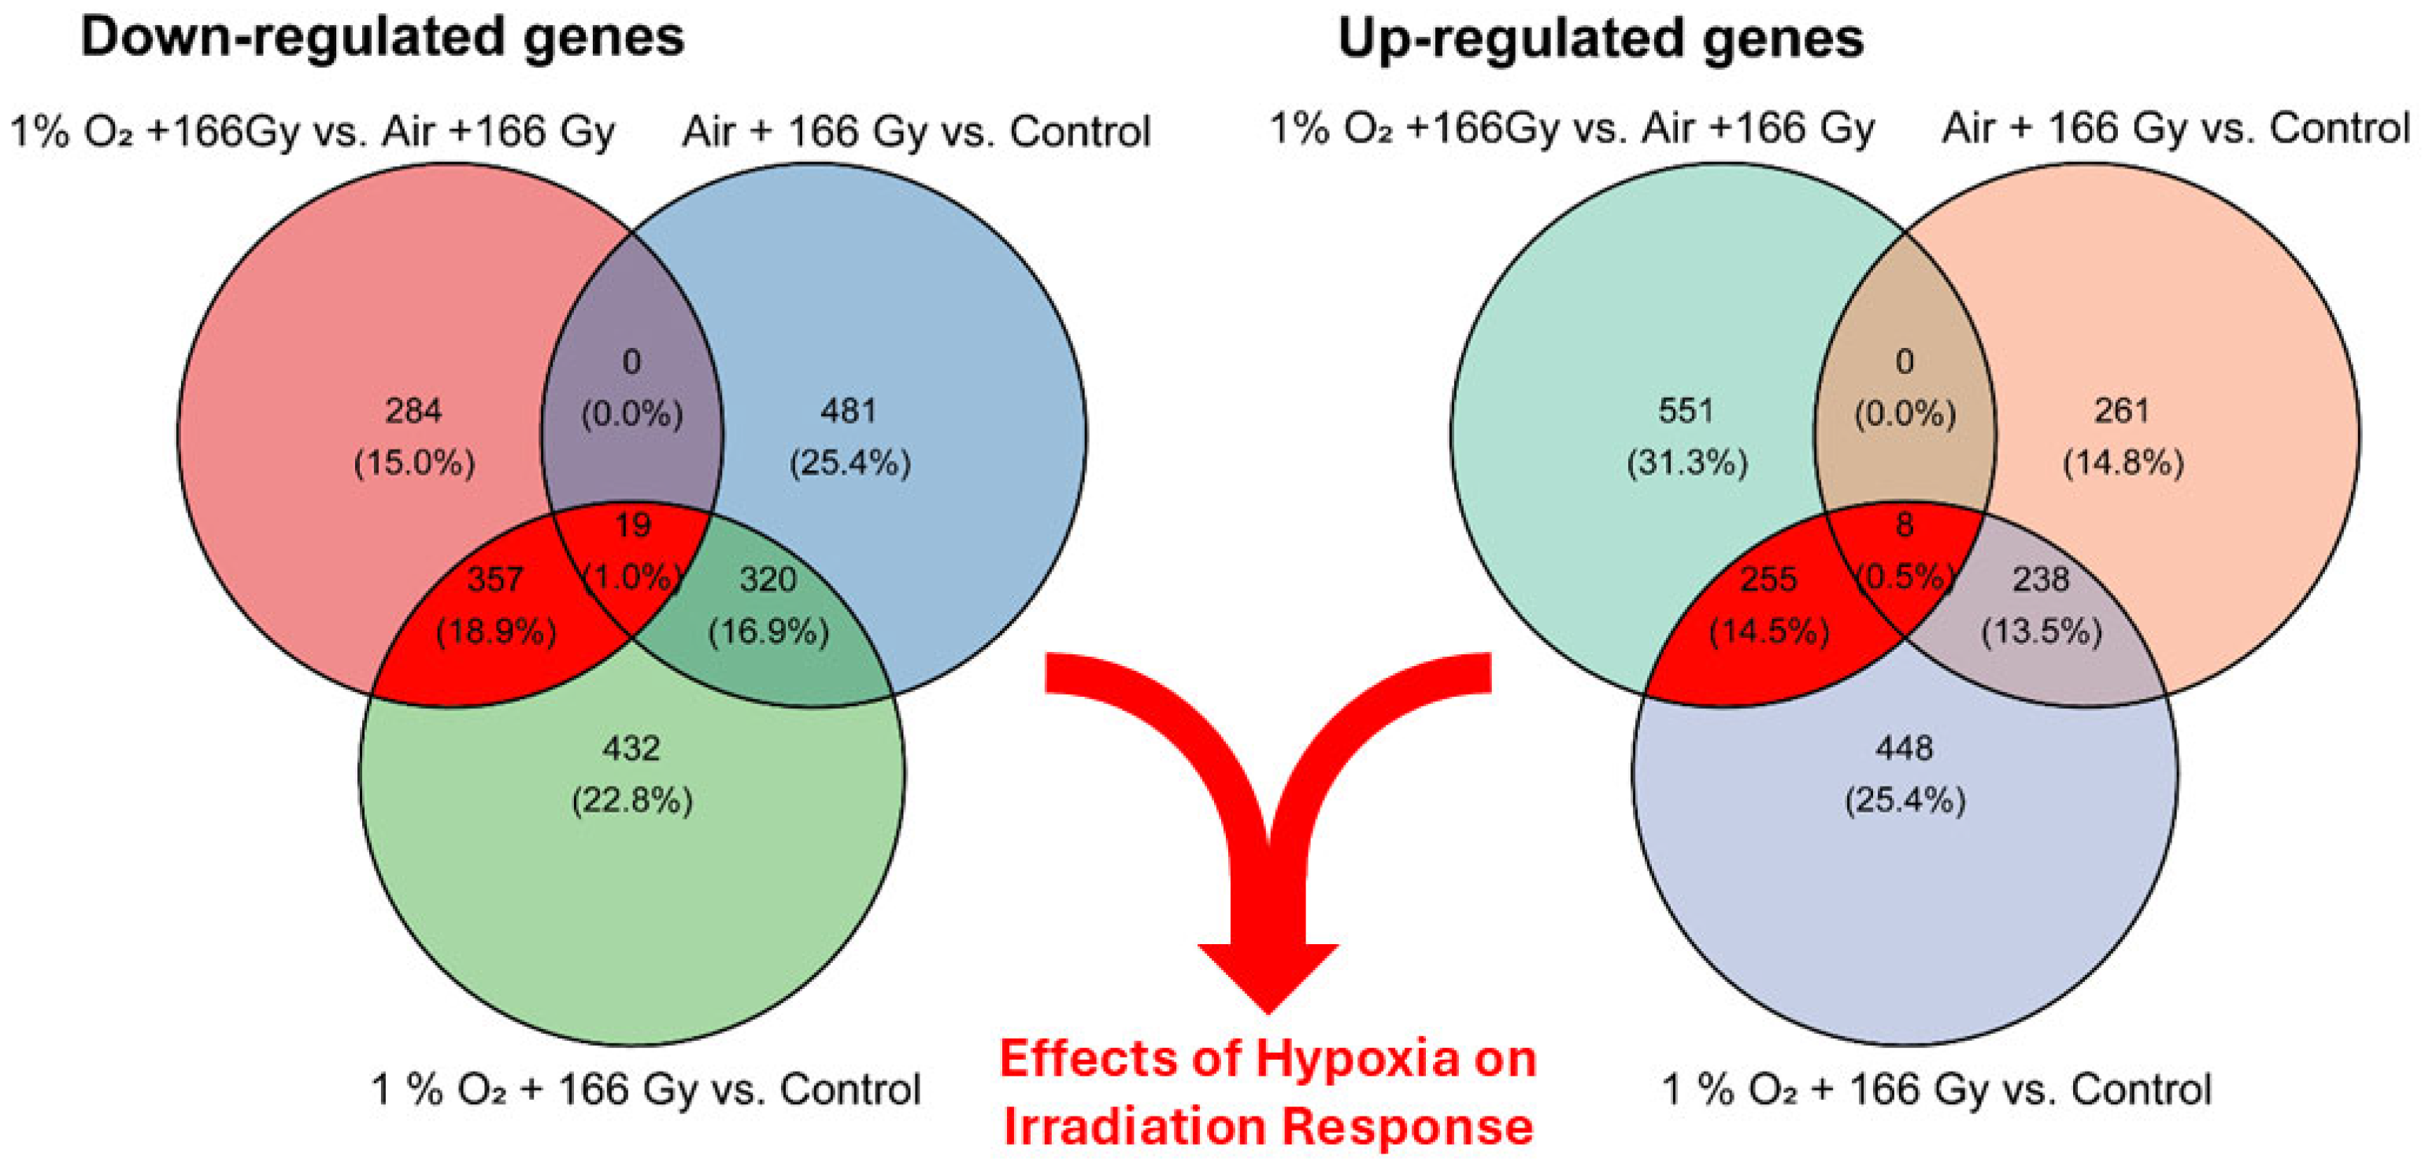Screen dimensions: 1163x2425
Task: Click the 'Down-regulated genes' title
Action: point(382,38)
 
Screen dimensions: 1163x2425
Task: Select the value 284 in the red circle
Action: point(413,410)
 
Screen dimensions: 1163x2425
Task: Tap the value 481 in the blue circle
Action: point(849,410)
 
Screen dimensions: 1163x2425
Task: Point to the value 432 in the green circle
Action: point(631,749)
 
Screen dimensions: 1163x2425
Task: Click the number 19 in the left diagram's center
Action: point(632,524)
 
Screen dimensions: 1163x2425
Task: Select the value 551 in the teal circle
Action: point(1686,410)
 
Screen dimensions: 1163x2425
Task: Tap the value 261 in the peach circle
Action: point(2122,410)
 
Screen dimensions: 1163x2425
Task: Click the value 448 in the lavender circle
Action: point(1905,749)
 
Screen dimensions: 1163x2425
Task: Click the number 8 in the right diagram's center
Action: point(1905,524)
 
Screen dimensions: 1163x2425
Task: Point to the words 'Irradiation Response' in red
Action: point(1268,1126)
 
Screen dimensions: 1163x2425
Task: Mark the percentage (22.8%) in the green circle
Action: point(631,802)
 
